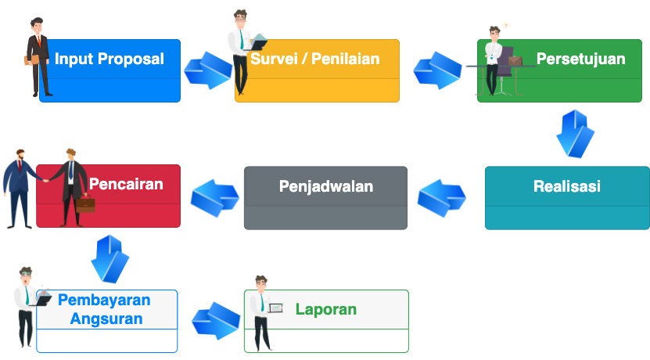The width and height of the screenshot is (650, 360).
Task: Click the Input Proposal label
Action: click(x=110, y=59)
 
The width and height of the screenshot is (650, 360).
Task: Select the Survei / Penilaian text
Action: click(x=315, y=59)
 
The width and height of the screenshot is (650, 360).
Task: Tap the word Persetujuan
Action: click(x=580, y=59)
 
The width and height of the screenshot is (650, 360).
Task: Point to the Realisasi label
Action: click(x=566, y=186)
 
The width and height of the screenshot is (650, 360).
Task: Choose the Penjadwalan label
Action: click(x=326, y=186)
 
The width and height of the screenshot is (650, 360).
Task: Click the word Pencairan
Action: click(x=126, y=184)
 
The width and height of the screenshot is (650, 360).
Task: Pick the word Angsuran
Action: click(x=106, y=319)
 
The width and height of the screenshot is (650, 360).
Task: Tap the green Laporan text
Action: click(x=326, y=309)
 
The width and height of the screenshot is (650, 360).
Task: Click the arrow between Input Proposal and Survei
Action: click(x=208, y=70)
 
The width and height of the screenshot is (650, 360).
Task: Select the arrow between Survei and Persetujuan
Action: click(x=437, y=70)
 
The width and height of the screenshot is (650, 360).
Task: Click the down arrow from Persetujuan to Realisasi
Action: click(x=576, y=134)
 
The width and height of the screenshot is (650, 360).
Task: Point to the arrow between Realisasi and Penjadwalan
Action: click(x=441, y=198)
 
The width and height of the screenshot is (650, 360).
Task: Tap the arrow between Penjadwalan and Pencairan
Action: click(x=215, y=198)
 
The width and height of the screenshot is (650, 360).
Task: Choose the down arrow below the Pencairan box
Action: click(x=110, y=259)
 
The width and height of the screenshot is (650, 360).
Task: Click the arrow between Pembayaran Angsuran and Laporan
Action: click(x=216, y=321)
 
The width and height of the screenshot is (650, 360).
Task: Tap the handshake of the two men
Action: click(x=46, y=181)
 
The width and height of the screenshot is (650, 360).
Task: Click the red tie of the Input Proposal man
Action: click(x=39, y=41)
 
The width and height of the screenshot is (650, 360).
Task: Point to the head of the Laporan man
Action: click(x=260, y=283)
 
